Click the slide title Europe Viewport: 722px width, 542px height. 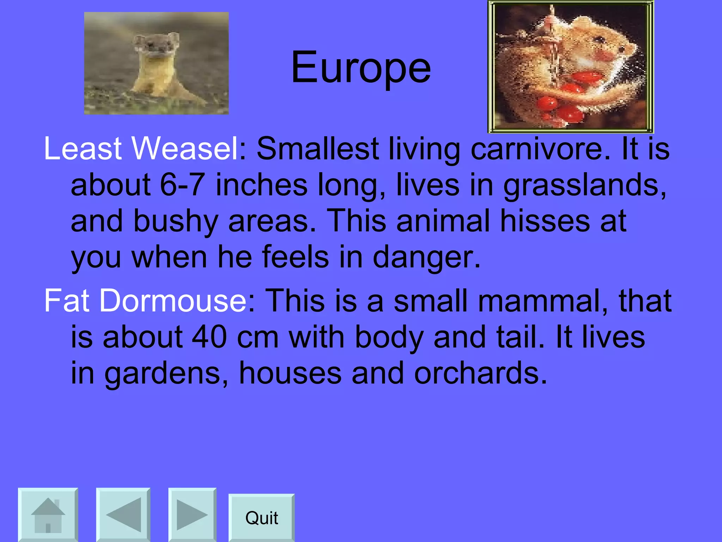click(x=361, y=67)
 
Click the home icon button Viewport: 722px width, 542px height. click(x=48, y=515)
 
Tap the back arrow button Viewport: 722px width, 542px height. click(x=123, y=515)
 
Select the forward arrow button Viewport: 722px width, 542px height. click(x=192, y=515)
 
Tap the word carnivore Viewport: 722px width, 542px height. click(x=539, y=149)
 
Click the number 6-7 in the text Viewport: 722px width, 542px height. click(x=182, y=185)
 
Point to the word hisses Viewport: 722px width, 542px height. click(x=545, y=221)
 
